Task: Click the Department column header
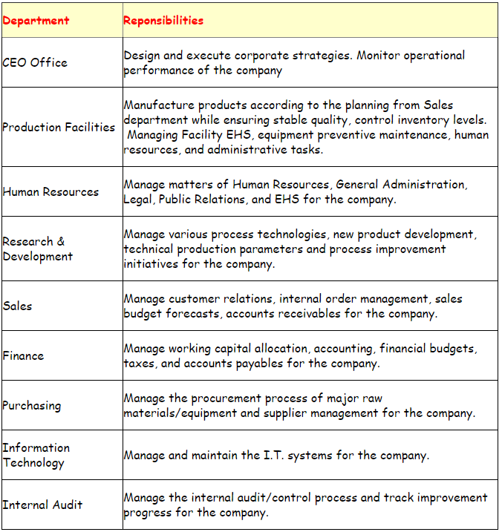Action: click(36, 21)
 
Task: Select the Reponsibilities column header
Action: click(163, 21)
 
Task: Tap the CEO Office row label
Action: click(35, 62)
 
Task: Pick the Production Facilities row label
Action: click(59, 127)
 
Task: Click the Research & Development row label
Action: click(37, 249)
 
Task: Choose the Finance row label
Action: click(23, 355)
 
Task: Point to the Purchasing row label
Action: click(32, 406)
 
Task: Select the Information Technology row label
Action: click(36, 455)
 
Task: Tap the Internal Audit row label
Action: click(42, 505)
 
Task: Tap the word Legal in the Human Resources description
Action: click(140, 199)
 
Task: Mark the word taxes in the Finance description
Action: click(140, 364)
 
